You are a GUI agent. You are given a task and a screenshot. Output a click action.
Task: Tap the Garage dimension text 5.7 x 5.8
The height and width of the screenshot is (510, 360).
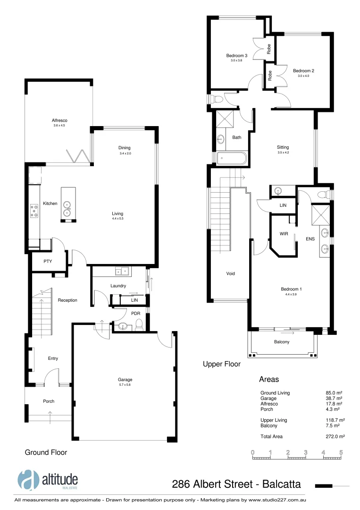click(x=125, y=385)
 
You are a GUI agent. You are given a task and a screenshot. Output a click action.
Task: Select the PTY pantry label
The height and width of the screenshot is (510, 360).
click(x=48, y=261)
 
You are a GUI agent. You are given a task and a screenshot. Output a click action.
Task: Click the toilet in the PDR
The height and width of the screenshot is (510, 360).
click(x=138, y=323)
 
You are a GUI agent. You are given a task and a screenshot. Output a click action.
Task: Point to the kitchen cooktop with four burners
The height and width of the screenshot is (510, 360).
click(x=34, y=210)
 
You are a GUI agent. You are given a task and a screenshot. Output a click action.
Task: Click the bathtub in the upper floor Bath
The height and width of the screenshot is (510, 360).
click(x=231, y=158)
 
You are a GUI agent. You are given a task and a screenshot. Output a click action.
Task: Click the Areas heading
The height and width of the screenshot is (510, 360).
click(x=269, y=379)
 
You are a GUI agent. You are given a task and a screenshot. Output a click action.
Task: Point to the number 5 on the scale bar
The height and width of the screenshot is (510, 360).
click(x=341, y=452)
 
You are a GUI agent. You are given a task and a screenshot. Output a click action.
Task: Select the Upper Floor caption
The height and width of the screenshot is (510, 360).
click(x=221, y=364)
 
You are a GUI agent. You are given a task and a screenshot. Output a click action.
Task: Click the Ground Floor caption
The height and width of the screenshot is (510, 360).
click(x=46, y=452)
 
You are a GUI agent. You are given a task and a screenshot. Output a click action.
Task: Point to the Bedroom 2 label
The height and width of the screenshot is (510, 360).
click(x=303, y=71)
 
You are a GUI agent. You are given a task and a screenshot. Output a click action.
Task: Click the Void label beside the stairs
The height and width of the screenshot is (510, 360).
click(x=230, y=273)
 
